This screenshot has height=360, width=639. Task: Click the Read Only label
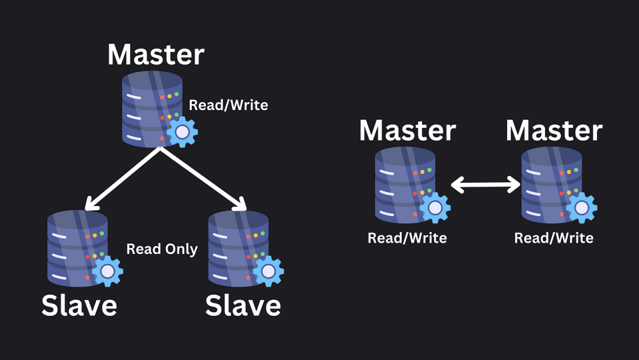tap(162, 249)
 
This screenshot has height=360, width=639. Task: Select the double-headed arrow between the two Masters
tap(485, 185)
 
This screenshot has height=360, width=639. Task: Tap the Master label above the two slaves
tap(156, 54)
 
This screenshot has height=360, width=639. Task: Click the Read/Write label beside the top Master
tap(228, 105)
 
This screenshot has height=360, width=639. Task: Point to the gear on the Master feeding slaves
tap(182, 131)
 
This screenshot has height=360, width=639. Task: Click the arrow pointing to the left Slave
tap(122, 179)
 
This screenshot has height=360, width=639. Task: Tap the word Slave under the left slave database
tap(79, 306)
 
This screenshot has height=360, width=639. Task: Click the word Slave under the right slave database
tap(243, 306)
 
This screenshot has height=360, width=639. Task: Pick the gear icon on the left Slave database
tap(107, 271)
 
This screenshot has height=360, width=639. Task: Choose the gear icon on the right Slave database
tap(268, 271)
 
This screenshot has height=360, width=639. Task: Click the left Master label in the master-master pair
tap(408, 130)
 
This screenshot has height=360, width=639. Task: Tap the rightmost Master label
tap(554, 130)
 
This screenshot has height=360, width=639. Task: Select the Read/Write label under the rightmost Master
tap(554, 238)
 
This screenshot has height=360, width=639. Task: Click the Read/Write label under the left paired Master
tap(407, 238)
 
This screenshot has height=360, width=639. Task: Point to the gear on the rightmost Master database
tap(582, 207)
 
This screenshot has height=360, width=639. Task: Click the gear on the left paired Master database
tap(435, 207)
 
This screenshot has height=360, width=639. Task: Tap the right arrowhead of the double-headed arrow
tap(514, 185)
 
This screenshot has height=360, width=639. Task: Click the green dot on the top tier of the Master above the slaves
tap(176, 94)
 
